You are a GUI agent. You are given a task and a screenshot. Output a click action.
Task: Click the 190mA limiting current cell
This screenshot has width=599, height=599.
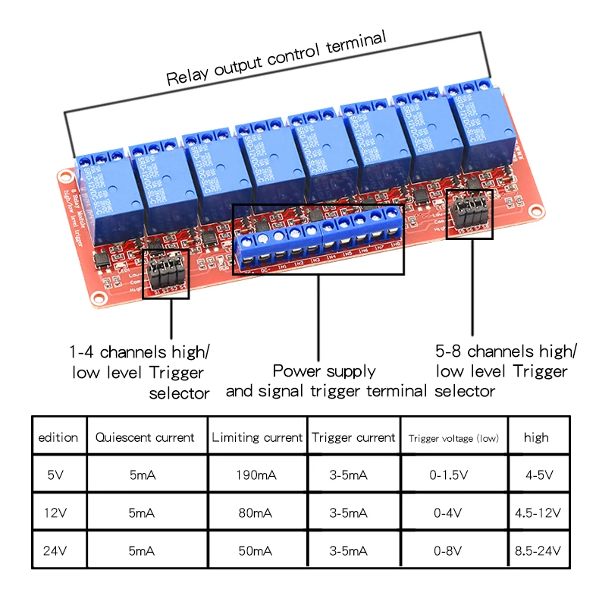click(256, 475)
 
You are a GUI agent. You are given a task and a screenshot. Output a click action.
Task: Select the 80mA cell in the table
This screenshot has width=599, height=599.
click(256, 513)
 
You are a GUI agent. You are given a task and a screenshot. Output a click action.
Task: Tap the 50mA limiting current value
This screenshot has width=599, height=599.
click(256, 551)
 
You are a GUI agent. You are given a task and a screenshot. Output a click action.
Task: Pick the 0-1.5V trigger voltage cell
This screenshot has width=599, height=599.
click(453, 475)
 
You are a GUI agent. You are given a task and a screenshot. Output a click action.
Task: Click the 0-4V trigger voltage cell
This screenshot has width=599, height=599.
click(453, 513)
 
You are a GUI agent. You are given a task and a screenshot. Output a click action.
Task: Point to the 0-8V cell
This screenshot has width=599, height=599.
click(453, 551)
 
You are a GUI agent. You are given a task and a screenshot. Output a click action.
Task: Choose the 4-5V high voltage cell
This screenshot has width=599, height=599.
click(538, 475)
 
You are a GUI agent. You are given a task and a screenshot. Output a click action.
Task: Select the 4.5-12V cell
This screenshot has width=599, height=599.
click(538, 513)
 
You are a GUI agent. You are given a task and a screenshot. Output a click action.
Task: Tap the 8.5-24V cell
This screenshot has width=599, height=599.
click(538, 551)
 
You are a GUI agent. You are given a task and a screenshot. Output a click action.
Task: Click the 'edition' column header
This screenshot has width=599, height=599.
click(58, 437)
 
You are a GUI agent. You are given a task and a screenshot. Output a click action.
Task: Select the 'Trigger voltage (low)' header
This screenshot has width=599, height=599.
click(453, 438)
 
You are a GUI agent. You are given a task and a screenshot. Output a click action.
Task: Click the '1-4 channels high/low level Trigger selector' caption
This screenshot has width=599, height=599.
click(139, 372)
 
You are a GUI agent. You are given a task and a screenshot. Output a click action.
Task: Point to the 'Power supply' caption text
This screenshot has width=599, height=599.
click(324, 371)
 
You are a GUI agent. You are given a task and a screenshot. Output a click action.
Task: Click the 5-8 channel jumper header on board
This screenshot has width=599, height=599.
click(468, 213)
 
